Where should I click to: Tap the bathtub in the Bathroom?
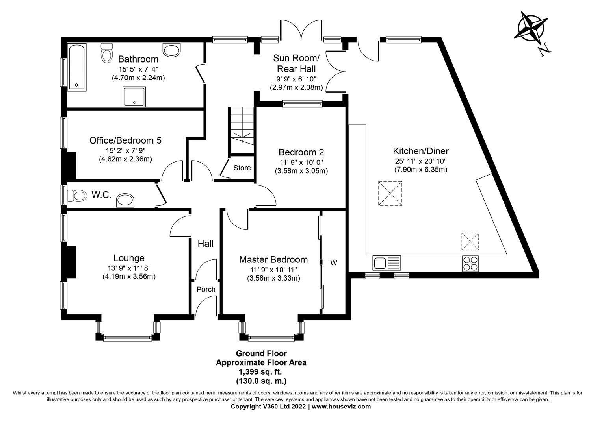(77, 67)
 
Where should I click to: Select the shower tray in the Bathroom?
(134, 96)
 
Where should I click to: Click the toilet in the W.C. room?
(77, 195)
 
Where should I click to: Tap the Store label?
(242, 168)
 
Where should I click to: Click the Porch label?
(206, 290)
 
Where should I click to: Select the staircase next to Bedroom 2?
(242, 130)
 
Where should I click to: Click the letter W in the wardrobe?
(334, 263)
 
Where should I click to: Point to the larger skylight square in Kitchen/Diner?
(390, 194)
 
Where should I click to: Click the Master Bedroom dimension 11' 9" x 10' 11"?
(273, 270)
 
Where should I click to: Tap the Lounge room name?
(129, 258)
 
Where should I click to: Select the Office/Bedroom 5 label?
(125, 140)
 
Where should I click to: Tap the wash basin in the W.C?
(126, 200)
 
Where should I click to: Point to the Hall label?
(205, 244)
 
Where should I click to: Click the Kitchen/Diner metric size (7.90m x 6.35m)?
(420, 170)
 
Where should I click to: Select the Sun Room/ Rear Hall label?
(296, 63)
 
